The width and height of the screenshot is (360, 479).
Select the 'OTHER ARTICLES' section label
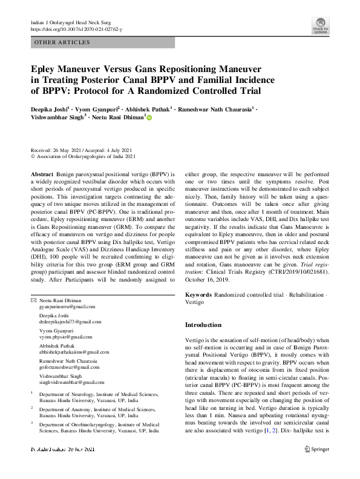(x=63, y=42)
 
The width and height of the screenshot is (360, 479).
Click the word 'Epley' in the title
(x=47, y=69)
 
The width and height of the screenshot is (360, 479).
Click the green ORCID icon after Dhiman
(x=149, y=119)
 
